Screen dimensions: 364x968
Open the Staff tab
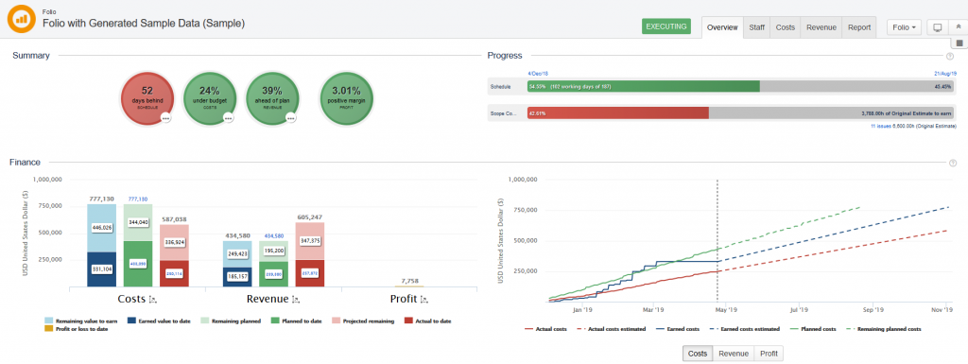pos(756,27)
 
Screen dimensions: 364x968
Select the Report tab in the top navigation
pos(858,27)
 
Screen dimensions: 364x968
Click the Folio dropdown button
pos(905,27)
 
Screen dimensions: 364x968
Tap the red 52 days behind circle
pos(147,97)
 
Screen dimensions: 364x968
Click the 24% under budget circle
pos(209,97)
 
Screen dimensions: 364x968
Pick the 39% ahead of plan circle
pos(272,97)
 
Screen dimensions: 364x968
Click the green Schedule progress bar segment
pos(642,86)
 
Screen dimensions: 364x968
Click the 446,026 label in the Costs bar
pos(101,227)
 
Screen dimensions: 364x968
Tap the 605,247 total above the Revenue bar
pos(310,217)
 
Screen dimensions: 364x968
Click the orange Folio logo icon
pos(20,19)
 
